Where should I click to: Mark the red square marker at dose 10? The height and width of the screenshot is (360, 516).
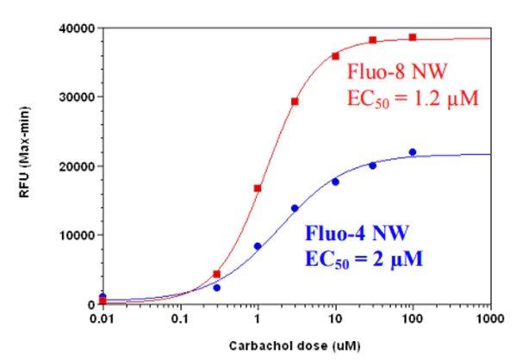[335, 56]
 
